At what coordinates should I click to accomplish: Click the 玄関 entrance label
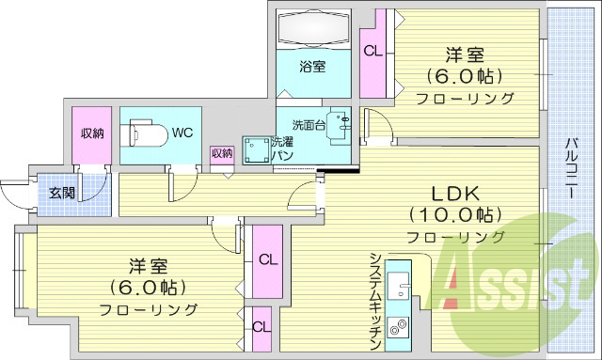click(63, 194)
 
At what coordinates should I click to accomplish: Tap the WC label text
click(182, 133)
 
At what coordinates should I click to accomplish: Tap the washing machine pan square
click(253, 151)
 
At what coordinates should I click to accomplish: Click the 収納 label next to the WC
click(92, 133)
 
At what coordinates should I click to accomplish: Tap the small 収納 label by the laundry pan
click(222, 153)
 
